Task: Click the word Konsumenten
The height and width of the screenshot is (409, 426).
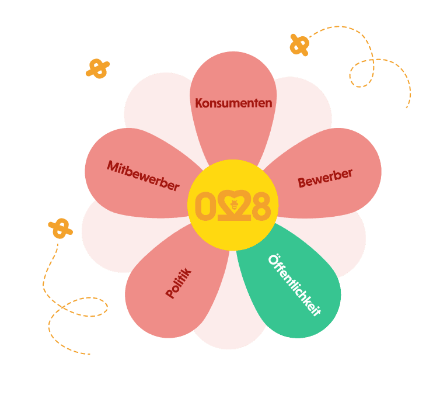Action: pos(233,103)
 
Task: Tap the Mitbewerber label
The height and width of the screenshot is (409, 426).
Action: pos(142,175)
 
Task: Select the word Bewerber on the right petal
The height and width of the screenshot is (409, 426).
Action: pos(325,178)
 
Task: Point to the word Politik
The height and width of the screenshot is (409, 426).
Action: pos(179,283)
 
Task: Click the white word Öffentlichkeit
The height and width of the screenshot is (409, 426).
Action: pos(294,285)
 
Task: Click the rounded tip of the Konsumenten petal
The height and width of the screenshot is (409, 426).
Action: pos(233,61)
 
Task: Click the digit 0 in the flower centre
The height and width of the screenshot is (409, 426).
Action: pos(204,206)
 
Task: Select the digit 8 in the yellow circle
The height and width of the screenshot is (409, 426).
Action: pos(261,206)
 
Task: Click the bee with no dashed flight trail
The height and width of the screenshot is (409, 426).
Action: pos(97,68)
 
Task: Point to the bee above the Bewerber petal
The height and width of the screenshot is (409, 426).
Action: pos(299,44)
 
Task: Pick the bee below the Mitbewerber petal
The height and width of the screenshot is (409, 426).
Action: pos(60,228)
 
